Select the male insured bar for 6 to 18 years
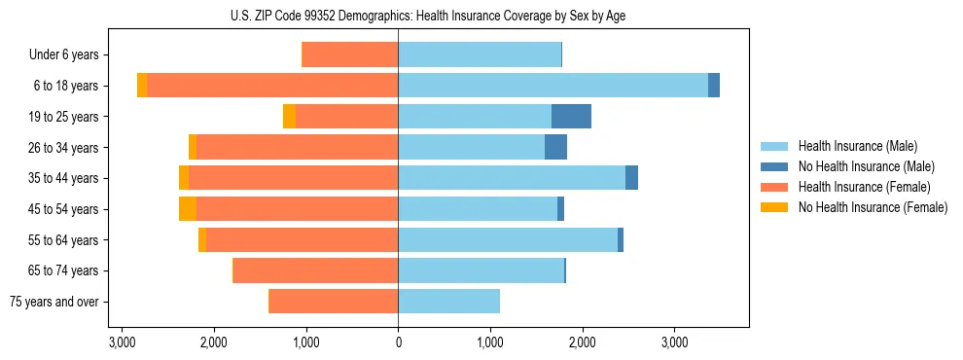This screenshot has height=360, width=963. tap(553, 86)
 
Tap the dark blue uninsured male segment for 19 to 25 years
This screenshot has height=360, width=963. tap(571, 117)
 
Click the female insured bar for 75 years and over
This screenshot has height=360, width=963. tap(333, 302)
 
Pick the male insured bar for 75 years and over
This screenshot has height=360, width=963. tap(448, 302)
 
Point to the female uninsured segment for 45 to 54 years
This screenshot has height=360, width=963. tap(188, 209)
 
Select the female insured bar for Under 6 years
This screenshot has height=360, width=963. tap(350, 54)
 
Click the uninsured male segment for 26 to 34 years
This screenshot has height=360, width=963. tap(555, 147)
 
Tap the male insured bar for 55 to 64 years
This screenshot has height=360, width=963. tap(508, 240)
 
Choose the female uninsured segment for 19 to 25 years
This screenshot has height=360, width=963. tap(289, 117)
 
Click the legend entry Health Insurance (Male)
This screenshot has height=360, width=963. tap(857, 146)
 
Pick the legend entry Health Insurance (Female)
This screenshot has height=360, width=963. tap(861, 187)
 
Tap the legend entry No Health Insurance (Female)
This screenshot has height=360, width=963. tap(873, 207)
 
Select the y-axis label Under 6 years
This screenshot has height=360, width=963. tap(63, 54)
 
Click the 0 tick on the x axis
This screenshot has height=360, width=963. tap(398, 343)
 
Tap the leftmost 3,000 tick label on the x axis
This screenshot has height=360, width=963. tap(122, 343)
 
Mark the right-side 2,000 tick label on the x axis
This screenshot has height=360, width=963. tap(582, 343)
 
